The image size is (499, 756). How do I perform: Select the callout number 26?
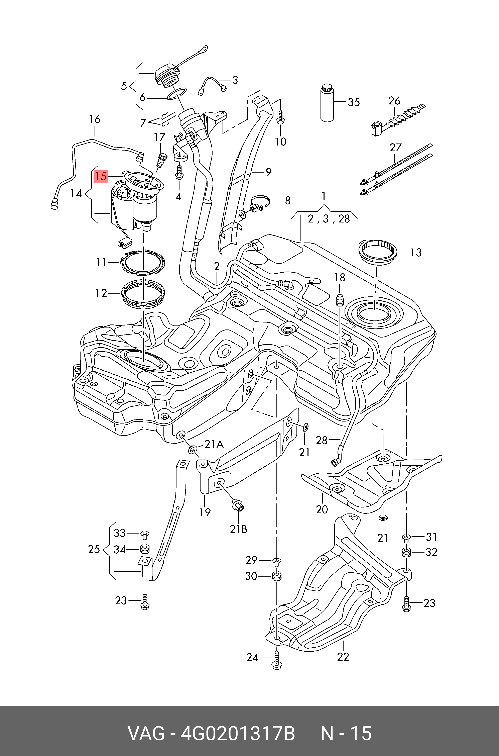(394, 101)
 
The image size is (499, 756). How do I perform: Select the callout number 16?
(95, 119)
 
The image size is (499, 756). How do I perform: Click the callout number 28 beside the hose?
(322, 440)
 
